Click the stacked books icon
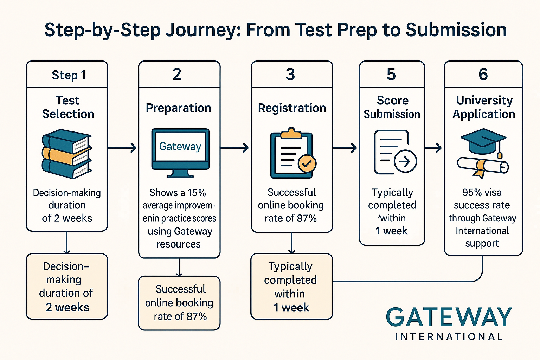[67, 154]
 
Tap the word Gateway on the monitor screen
[180, 146]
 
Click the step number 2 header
[177, 74]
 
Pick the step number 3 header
[290, 74]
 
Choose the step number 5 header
[391, 74]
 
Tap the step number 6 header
[483, 74]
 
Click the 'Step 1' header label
[69, 75]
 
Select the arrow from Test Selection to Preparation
[122, 148]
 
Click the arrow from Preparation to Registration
[234, 148]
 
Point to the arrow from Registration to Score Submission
[345, 148]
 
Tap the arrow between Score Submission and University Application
[433, 148]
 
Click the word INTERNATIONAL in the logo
[449, 337]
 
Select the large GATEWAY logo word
[449, 317]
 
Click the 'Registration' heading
[292, 108]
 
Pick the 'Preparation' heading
[179, 108]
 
